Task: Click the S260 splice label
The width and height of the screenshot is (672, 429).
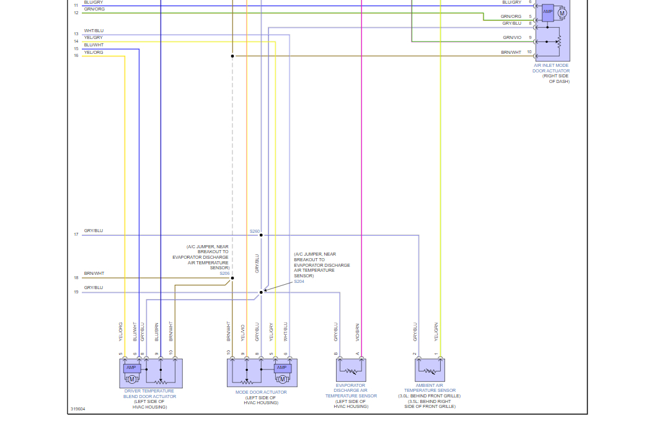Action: point(255,231)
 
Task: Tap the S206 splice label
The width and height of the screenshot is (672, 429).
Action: point(224,273)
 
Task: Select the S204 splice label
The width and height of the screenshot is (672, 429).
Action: point(299,281)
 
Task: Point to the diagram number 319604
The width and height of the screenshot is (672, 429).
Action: point(77,409)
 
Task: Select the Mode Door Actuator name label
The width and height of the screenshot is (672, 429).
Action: point(261,392)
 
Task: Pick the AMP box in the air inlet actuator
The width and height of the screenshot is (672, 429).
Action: point(547,12)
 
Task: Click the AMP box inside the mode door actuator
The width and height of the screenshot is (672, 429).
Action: point(282,368)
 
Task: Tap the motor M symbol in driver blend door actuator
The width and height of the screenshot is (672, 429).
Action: point(131,378)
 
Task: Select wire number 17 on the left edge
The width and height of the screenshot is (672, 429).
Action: point(76,235)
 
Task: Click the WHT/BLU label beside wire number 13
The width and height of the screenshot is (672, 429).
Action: point(94,31)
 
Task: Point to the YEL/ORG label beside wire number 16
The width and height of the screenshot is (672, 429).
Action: point(94,53)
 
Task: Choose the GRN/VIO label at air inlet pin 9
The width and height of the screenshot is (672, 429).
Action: point(512,38)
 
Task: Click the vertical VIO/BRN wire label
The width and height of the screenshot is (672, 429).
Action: point(358,332)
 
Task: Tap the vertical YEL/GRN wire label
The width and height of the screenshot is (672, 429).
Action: point(436,332)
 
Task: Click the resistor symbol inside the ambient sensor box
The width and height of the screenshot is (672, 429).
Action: point(429,371)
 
